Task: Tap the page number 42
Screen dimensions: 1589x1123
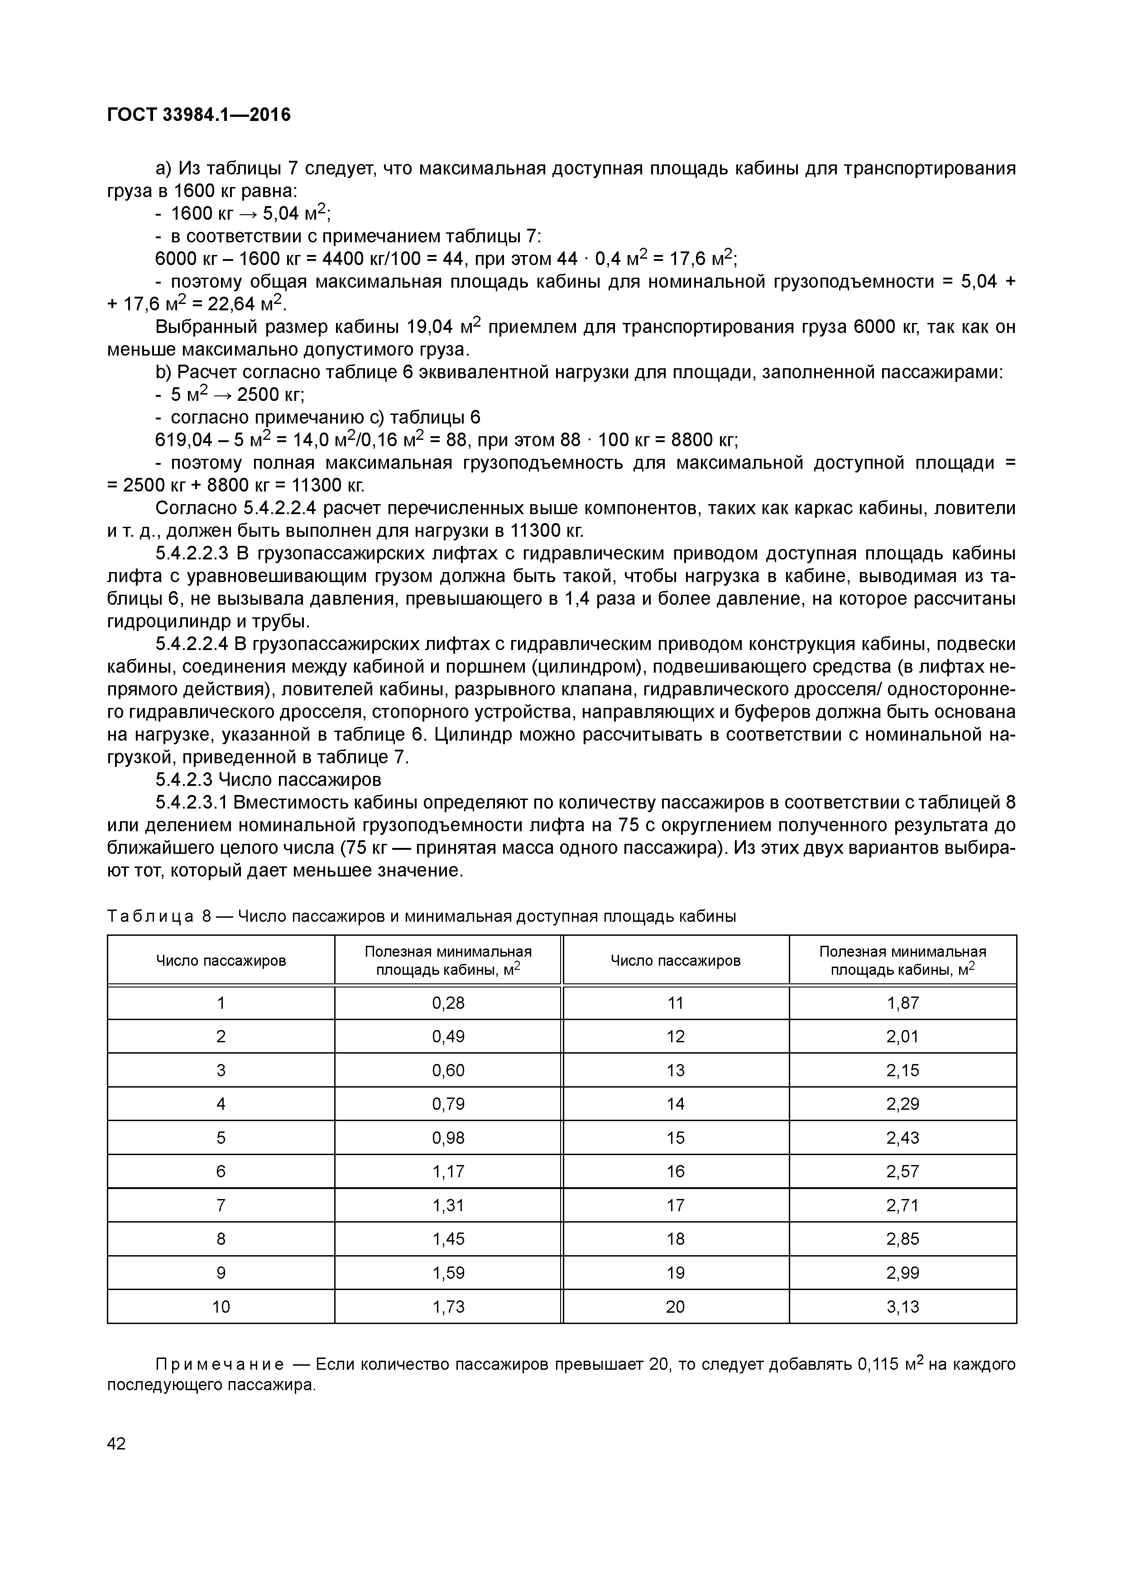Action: (x=116, y=1443)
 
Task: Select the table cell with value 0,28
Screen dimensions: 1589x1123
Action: (x=448, y=1003)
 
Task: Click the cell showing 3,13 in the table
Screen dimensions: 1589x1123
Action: (x=902, y=1307)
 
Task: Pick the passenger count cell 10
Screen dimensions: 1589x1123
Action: (x=221, y=1307)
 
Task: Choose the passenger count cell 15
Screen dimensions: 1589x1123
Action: (x=675, y=1138)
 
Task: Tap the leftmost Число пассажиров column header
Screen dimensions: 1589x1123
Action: (x=221, y=961)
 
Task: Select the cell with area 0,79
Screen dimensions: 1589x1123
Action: (x=448, y=1104)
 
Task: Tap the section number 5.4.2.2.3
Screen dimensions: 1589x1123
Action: (x=192, y=554)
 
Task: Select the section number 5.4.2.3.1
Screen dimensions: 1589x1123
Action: (x=192, y=803)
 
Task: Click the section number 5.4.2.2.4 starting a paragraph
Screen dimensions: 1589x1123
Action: (x=192, y=644)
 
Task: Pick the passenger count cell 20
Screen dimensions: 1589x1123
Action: (x=675, y=1307)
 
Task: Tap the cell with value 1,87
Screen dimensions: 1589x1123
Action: (x=902, y=1003)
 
